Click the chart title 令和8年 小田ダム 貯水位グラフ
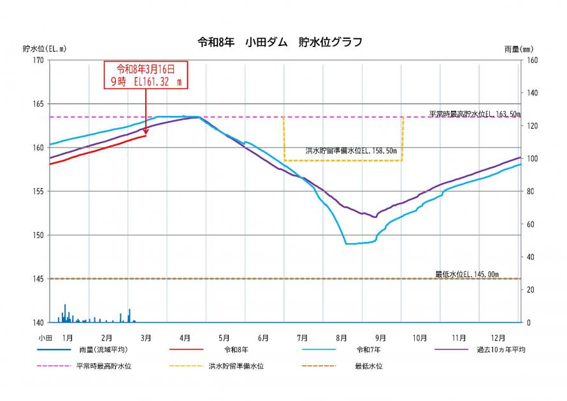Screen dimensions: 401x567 pyautogui.click(x=280, y=43)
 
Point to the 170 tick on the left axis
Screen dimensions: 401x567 pyautogui.click(x=39, y=60)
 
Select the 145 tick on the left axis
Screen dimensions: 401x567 pyautogui.click(x=39, y=279)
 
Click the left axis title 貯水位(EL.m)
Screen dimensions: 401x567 pyautogui.click(x=44, y=48)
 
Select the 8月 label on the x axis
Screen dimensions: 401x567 pyautogui.click(x=341, y=337)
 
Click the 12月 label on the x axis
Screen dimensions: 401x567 pyautogui.click(x=498, y=337)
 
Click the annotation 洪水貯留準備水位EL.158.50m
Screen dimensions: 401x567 pyautogui.click(x=351, y=151)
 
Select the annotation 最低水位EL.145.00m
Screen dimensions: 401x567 pyautogui.click(x=467, y=274)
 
